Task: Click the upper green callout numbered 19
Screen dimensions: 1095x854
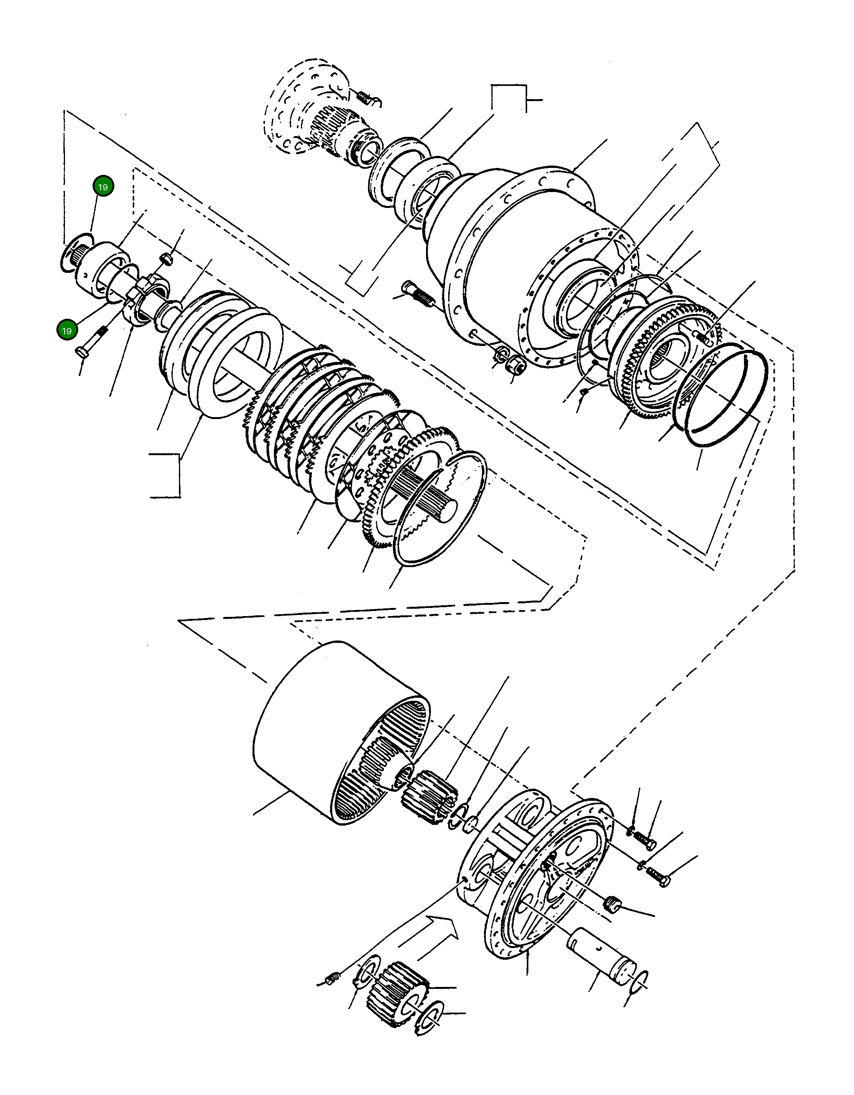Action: click(103, 187)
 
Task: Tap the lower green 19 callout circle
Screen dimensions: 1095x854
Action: click(66, 330)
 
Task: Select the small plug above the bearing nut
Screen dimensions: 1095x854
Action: click(167, 259)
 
